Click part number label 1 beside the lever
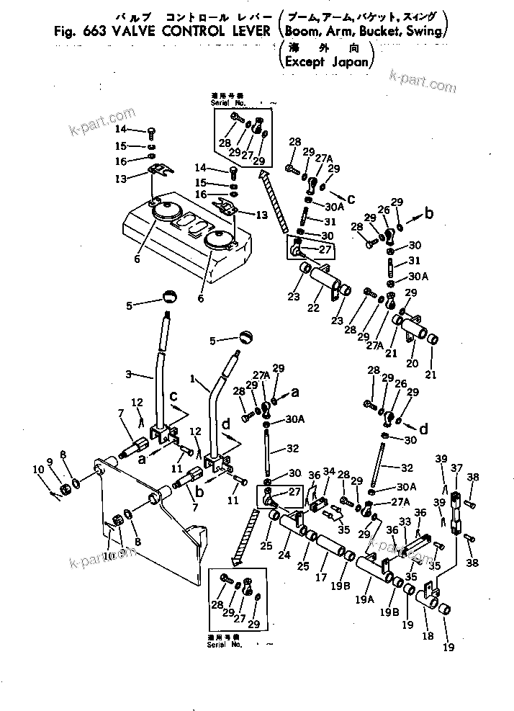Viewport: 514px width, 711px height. (x=192, y=377)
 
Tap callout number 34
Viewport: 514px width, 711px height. (x=328, y=471)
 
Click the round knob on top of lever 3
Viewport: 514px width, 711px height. (x=168, y=295)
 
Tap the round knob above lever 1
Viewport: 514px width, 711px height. (x=248, y=338)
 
